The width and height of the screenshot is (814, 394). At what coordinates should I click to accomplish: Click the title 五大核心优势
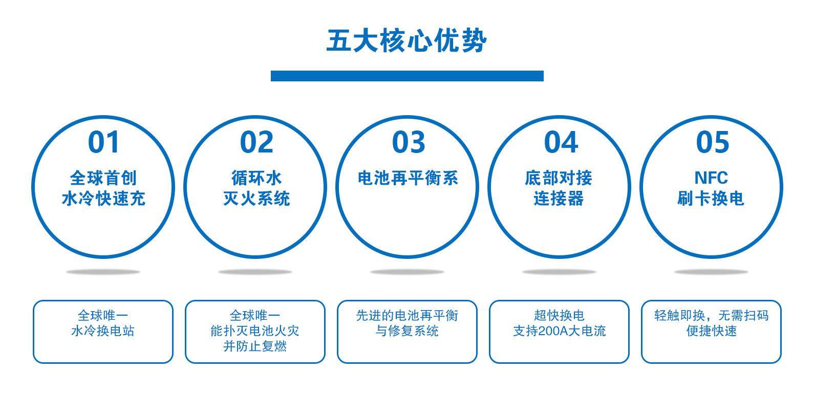[406, 40]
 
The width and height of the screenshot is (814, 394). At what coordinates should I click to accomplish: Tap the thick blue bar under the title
[407, 76]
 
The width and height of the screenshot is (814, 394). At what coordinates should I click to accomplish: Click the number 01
[103, 142]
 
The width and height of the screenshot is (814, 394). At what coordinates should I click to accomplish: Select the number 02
[256, 142]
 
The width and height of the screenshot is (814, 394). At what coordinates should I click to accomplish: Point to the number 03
[409, 142]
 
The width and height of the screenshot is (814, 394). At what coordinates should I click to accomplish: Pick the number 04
[561, 142]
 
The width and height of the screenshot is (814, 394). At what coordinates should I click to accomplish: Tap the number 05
[713, 142]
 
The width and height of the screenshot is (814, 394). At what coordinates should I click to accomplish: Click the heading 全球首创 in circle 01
[103, 178]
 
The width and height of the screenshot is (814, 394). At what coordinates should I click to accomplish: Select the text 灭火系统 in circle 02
[256, 199]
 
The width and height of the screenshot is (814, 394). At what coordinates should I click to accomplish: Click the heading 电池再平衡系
[408, 178]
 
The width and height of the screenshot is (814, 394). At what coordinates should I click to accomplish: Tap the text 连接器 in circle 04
[559, 199]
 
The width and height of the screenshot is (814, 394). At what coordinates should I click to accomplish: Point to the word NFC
[711, 178]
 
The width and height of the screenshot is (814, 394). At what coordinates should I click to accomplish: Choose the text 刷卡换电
[711, 199]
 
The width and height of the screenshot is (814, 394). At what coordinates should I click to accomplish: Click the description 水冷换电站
[103, 331]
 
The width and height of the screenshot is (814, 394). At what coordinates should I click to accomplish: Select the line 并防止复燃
[255, 346]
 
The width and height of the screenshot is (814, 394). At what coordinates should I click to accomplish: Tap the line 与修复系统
[407, 331]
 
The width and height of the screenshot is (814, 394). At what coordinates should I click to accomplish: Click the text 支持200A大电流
[559, 331]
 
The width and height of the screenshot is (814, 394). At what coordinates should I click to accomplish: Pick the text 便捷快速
[711, 331]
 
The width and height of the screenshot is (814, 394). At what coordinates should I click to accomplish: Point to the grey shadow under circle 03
[407, 272]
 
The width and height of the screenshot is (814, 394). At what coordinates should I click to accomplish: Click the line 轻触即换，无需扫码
[711, 316]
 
